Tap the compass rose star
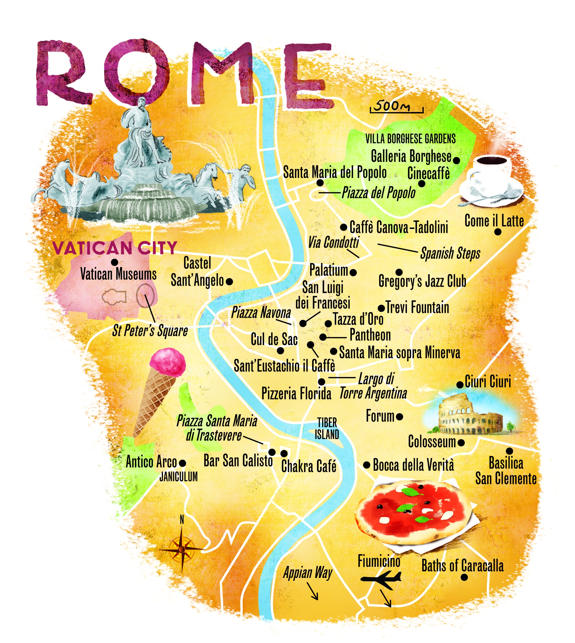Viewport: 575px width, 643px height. [181, 550]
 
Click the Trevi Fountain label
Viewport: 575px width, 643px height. [417, 307]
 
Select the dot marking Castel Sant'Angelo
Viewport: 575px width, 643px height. [230, 281]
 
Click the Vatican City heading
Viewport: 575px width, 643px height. [114, 248]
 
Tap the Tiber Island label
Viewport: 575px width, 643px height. [327, 428]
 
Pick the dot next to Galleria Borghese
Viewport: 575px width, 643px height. [456, 160]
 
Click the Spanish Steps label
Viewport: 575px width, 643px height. [450, 253]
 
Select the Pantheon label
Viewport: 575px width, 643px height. [370, 335]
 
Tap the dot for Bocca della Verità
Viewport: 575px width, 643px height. [367, 465]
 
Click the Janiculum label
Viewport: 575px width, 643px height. [178, 477]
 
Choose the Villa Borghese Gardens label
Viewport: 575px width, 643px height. [410, 139]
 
